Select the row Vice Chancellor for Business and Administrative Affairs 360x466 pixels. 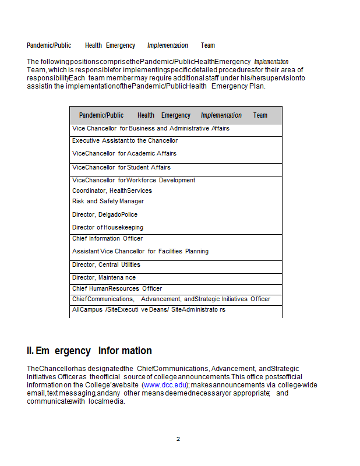pyautogui.click(x=151, y=128)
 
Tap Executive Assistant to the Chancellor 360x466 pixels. pyautogui.click(x=125, y=140)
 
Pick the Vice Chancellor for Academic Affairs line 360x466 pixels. pyautogui.click(x=124, y=153)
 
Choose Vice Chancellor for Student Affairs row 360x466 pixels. pyautogui.click(x=121, y=167)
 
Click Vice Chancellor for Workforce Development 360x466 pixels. pyautogui.click(x=134, y=180)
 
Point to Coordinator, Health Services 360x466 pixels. pyautogui.click(x=112, y=190)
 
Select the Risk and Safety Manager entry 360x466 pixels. pyautogui.click(x=108, y=201)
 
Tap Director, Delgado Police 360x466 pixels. pyautogui.click(x=105, y=214)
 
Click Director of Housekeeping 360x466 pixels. pyautogui.click(x=108, y=227)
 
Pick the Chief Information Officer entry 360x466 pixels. pyautogui.click(x=107, y=238)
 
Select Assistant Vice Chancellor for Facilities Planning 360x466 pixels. pyautogui.click(x=140, y=251)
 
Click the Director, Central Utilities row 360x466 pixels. pyautogui.click(x=106, y=264)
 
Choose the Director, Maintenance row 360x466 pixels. pyautogui.click(x=104, y=277)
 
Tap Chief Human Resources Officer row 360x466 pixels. pyautogui.click(x=117, y=288)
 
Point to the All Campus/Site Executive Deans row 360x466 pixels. pyautogui.click(x=149, y=309)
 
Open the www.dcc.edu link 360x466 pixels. pyautogui.click(x=165, y=385)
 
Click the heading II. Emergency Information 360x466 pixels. pyautogui.click(x=89, y=351)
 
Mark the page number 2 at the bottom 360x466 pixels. pyautogui.click(x=178, y=439)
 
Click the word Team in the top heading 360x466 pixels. pyautogui.click(x=208, y=45)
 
